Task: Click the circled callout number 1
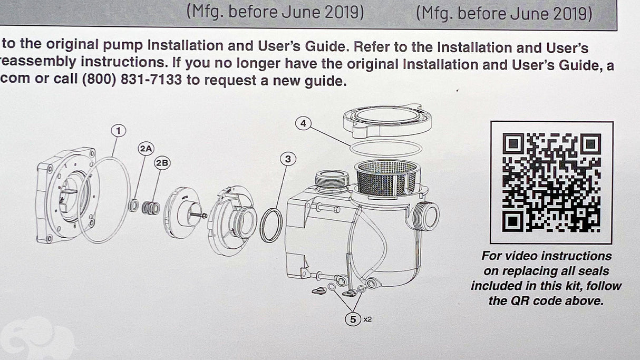click(118, 131)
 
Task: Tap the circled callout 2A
click(146, 149)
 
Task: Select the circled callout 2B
click(162, 163)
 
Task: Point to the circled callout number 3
click(288, 159)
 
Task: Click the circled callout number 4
click(303, 123)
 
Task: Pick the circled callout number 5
click(353, 319)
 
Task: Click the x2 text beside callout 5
click(368, 319)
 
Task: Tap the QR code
click(551, 182)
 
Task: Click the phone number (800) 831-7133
click(132, 79)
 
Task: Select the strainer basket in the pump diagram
click(387, 177)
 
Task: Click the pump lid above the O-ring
click(387, 121)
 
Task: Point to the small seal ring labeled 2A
click(133, 205)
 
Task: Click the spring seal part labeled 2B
click(151, 208)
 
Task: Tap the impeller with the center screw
click(183, 212)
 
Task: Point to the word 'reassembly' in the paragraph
click(38, 62)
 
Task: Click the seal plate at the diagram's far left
click(66, 195)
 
